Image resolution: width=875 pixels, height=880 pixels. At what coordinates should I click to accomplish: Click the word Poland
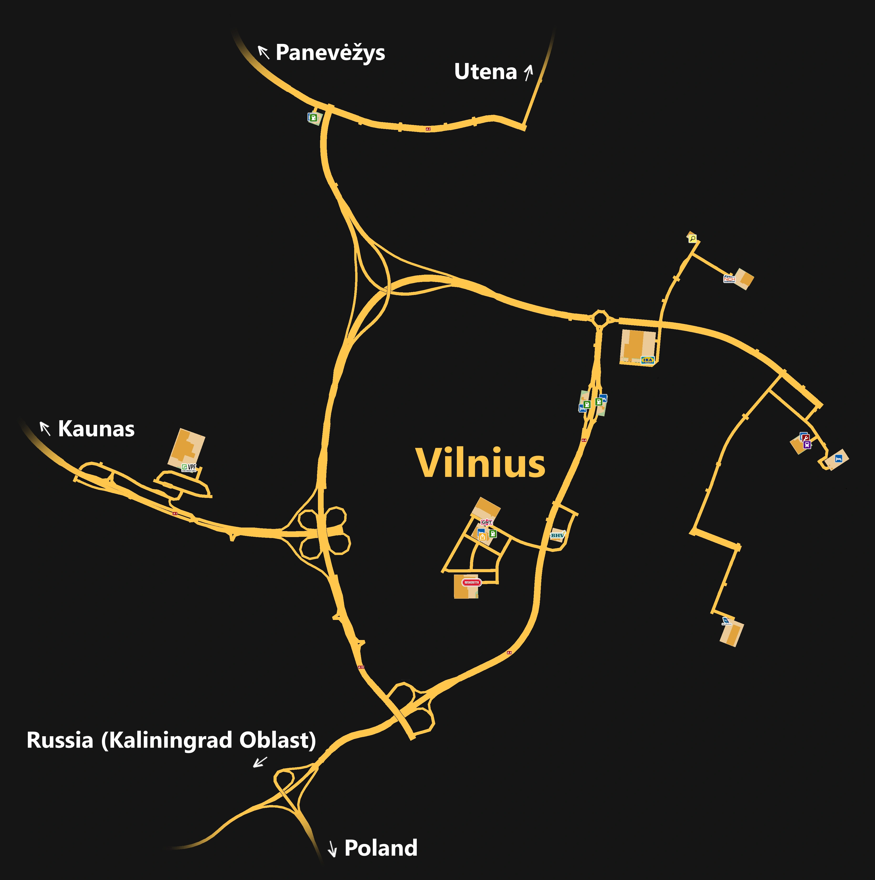coord(381,848)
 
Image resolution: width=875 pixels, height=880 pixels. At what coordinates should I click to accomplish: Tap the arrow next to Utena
coord(528,72)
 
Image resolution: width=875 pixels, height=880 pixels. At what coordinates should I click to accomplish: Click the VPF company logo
coord(189,467)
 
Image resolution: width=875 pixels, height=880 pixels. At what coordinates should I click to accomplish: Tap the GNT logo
coord(486,522)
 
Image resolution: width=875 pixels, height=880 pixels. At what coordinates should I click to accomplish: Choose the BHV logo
coord(557,535)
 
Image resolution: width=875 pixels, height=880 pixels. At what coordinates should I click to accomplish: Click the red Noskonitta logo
coord(471,582)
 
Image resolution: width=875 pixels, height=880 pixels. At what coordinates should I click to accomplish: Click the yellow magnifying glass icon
coord(692,238)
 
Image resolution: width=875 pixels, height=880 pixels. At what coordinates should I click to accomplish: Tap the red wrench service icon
coord(806,438)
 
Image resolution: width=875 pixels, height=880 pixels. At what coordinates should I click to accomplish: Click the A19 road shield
coord(361,667)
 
